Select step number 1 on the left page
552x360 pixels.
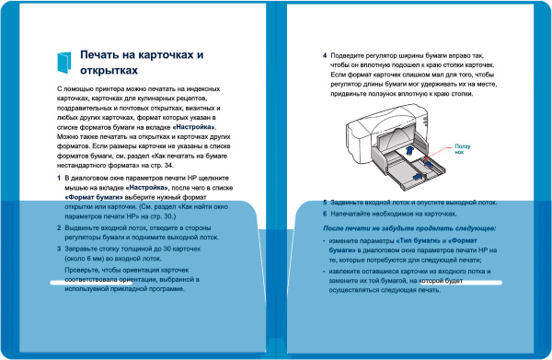pos(60,176)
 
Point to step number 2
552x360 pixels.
pos(60,226)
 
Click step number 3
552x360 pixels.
pos(60,249)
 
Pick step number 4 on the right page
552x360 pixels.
pos(325,54)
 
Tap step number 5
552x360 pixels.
pos(325,202)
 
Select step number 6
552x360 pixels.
pos(325,213)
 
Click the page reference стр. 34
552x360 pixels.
pos(190,166)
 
